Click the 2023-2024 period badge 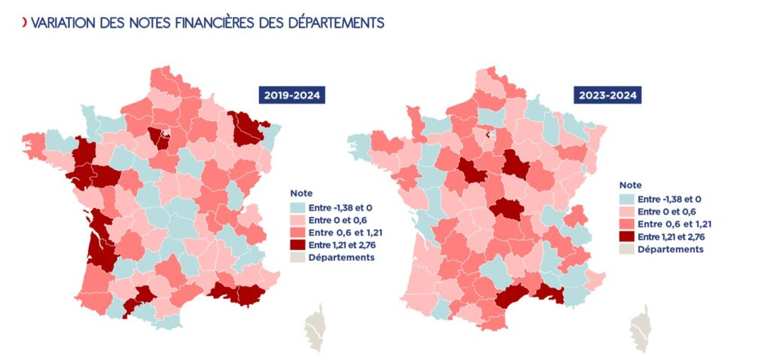point(608,96)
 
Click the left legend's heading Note point(300,194)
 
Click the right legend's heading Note point(630,185)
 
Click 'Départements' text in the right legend point(670,249)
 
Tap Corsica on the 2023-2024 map point(641,329)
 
